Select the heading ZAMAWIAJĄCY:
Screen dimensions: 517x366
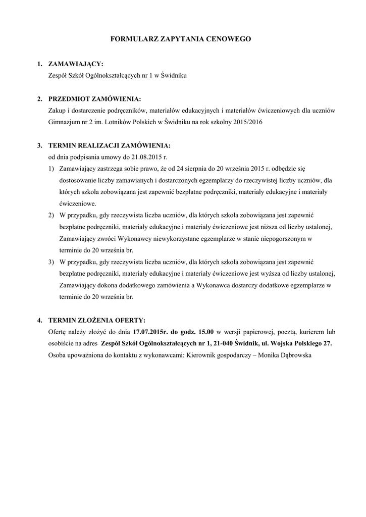tap(75, 64)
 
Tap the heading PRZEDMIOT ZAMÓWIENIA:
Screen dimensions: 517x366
tap(94, 98)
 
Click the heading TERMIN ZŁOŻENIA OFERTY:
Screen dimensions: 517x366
tap(96, 320)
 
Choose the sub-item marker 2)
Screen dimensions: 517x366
tap(51, 215)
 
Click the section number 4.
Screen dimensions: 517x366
tap(39, 320)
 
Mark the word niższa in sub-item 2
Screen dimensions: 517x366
tap(259, 227)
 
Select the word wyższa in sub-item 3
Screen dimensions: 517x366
tap(260, 273)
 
